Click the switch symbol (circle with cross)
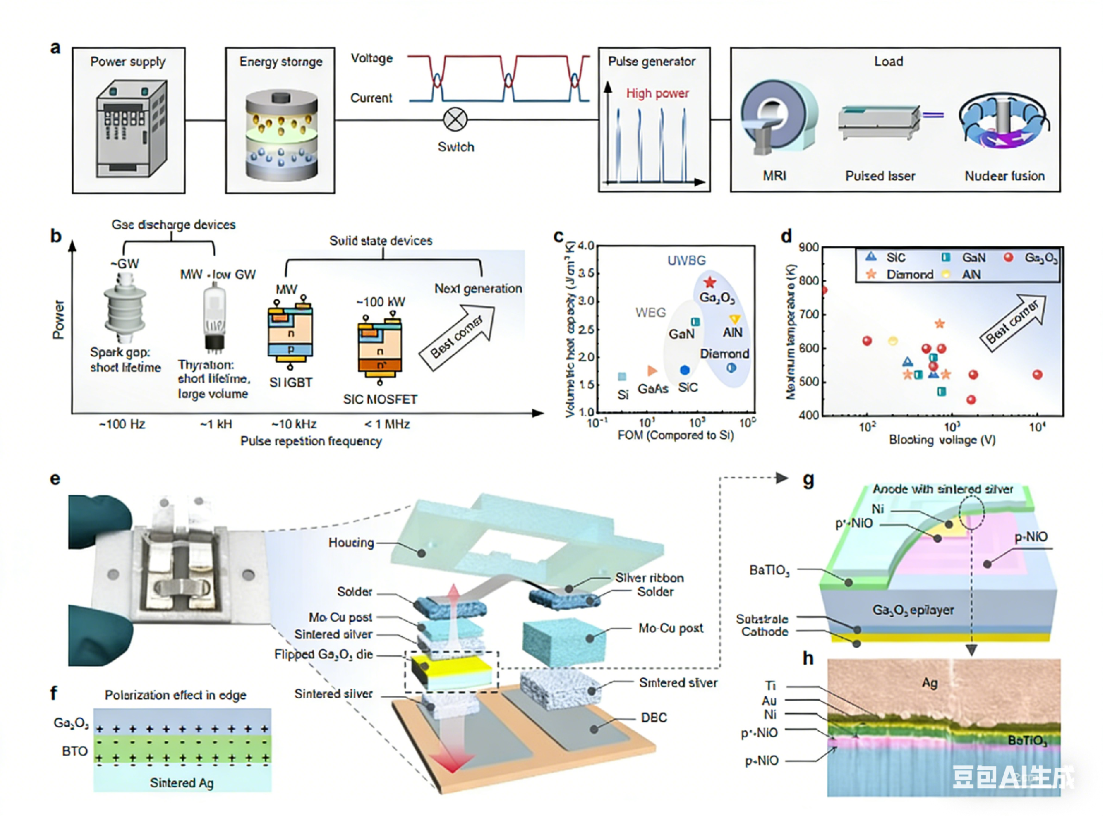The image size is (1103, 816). (455, 120)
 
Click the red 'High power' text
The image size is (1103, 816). (657, 93)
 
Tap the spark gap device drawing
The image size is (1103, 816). (125, 308)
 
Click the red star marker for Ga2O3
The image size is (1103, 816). (710, 282)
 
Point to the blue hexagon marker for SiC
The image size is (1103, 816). (684, 370)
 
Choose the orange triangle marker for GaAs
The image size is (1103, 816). (651, 371)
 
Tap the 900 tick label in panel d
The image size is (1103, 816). (808, 248)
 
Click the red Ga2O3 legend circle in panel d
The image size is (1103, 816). (1008, 257)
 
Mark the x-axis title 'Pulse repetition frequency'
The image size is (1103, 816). (311, 441)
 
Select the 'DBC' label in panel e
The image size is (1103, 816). (654, 718)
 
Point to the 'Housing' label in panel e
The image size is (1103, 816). (351, 542)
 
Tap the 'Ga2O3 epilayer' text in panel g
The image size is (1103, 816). (913, 610)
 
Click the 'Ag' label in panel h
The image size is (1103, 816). (930, 683)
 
